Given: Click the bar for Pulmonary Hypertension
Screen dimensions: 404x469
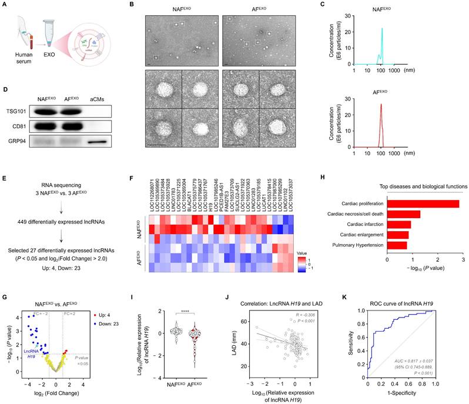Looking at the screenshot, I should [397, 245].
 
